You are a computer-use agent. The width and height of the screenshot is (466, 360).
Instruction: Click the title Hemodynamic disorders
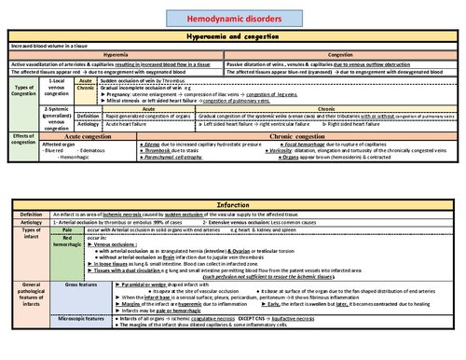[x=232, y=9]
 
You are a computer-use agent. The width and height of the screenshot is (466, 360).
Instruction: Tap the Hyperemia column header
[x=115, y=54]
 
